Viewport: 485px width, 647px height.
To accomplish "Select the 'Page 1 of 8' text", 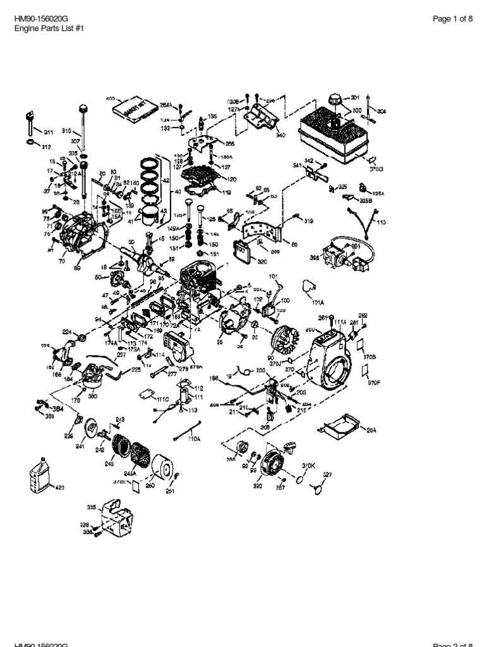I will pos(452,19).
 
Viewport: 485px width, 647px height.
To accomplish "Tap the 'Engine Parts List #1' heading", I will pos(48,28).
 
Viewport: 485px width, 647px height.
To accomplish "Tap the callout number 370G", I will pos(377,169).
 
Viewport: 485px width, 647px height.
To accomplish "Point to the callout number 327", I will pos(327,474).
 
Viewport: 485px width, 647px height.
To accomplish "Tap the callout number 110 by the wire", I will pos(381,222).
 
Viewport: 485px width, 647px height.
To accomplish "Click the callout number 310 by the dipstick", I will pos(66,131).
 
